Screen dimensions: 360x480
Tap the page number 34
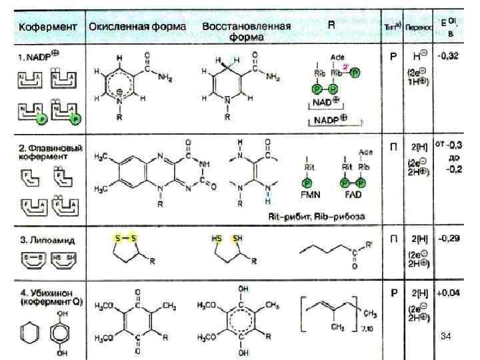447,338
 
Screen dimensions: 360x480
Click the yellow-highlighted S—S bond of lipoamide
125,238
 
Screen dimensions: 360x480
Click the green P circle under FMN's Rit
307,183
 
